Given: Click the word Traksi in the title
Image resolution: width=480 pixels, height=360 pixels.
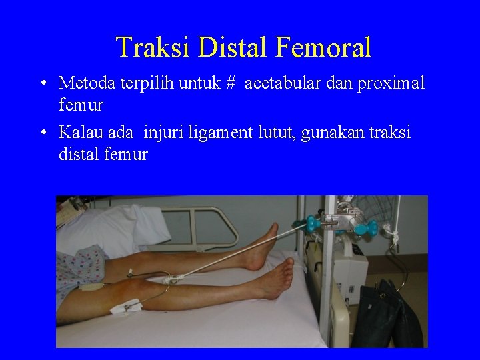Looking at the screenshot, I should (152, 47).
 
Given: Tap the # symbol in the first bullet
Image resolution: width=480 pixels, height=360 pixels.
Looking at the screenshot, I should (230, 83).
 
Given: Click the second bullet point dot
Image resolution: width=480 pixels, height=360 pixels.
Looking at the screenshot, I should (42, 133).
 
